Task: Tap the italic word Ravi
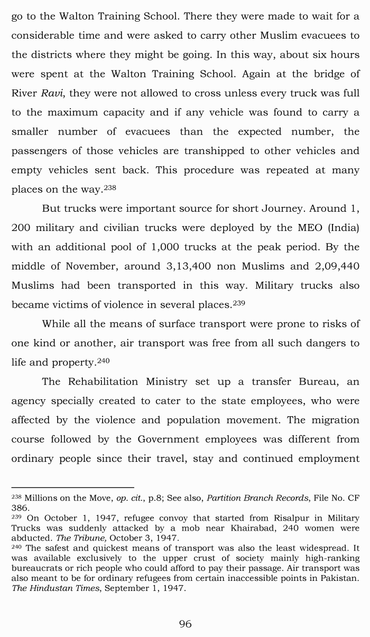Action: (53, 93)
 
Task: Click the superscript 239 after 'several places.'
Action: (239, 303)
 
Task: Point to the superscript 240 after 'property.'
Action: (103, 361)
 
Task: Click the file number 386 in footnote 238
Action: (19, 507)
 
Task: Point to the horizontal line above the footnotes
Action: (72, 487)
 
